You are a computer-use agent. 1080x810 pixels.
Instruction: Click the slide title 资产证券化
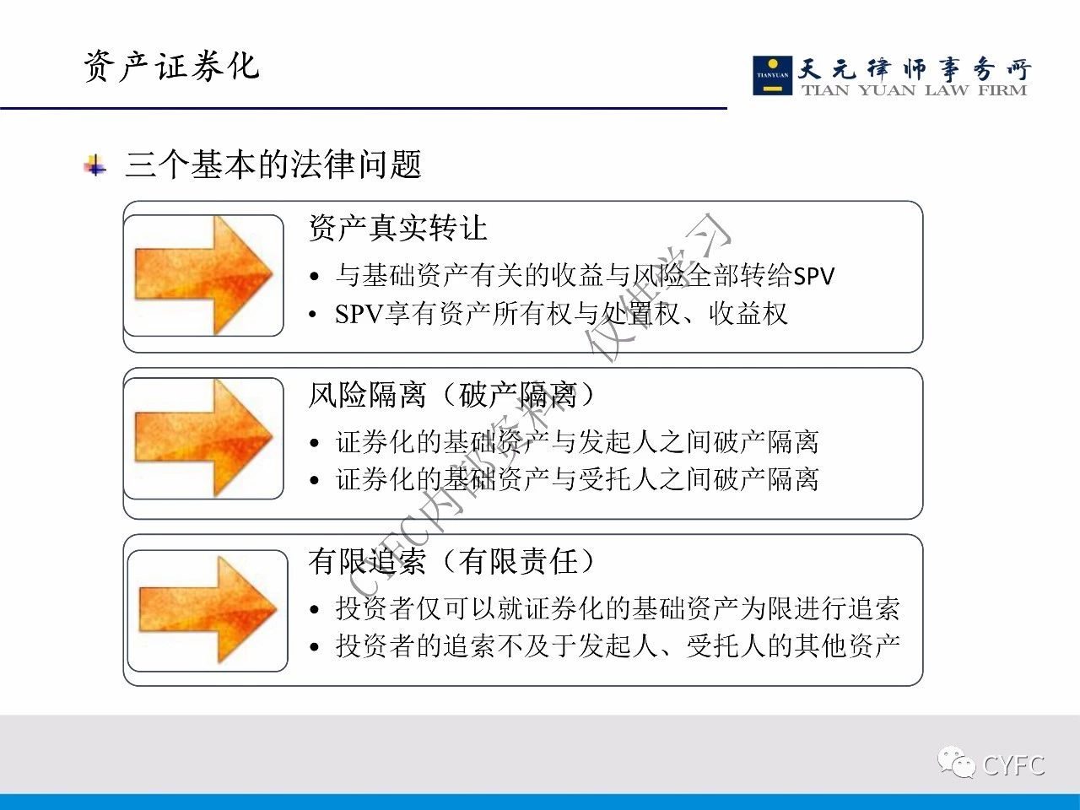pos(171,67)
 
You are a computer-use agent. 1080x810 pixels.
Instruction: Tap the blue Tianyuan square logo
pos(772,75)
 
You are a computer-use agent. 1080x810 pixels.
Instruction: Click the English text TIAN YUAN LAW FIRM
pos(914,90)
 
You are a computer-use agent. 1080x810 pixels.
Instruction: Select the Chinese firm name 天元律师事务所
pos(914,69)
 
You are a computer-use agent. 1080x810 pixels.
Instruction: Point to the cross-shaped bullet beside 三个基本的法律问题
pos(94,165)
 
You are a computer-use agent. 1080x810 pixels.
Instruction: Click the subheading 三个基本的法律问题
pos(273,165)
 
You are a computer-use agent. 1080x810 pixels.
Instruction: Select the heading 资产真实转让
pos(397,228)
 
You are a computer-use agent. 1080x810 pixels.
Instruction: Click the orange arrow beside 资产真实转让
pos(203,275)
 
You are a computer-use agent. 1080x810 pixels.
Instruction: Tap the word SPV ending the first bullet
pos(814,276)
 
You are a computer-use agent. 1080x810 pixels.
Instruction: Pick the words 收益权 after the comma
pos(748,314)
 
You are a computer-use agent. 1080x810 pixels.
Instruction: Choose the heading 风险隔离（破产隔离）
pos(451,394)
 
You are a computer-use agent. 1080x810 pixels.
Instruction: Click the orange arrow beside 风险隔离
pos(203,438)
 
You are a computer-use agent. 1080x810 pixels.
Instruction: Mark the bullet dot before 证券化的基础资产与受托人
pos(315,480)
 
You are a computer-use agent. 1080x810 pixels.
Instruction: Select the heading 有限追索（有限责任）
pos(451,561)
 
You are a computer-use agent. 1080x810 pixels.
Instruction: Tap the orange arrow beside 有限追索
pos(208,610)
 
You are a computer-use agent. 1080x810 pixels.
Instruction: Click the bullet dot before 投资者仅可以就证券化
pos(315,610)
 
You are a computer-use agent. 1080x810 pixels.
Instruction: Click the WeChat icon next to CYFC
pos(956,763)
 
